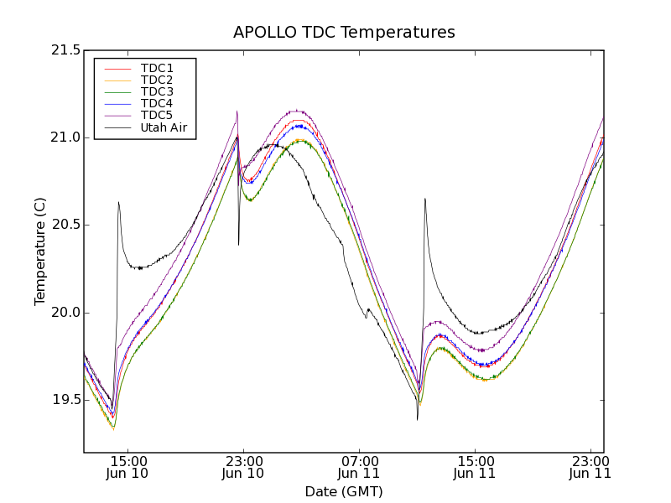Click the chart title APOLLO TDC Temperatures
click(x=344, y=33)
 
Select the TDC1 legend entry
click(x=157, y=68)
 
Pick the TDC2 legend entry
click(x=157, y=80)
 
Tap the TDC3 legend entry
click(x=157, y=91)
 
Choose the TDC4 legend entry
click(x=157, y=103)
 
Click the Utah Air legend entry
click(x=164, y=127)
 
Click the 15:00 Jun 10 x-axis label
click(x=127, y=467)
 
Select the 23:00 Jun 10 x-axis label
click(x=243, y=467)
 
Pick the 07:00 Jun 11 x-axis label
click(x=360, y=467)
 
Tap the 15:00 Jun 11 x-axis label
click(x=476, y=467)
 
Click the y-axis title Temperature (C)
click(x=40, y=251)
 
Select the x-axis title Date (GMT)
click(x=344, y=491)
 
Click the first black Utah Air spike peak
click(x=118, y=202)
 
